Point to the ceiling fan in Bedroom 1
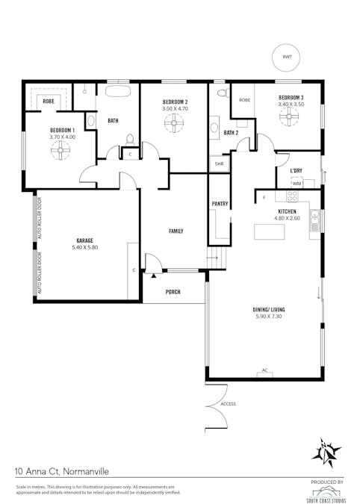(x=60, y=152)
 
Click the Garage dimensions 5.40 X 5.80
(x=84, y=247)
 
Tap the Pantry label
(x=219, y=203)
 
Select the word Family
(x=176, y=231)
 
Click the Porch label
(x=173, y=292)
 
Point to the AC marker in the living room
(x=264, y=370)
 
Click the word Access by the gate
(x=228, y=404)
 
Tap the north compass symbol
(x=326, y=453)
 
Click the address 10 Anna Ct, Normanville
(x=61, y=472)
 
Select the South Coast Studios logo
(x=326, y=491)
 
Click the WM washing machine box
(x=297, y=183)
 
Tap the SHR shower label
(x=219, y=164)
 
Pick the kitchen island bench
(x=269, y=232)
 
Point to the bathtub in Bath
(x=118, y=93)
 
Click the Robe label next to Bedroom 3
(x=244, y=99)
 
